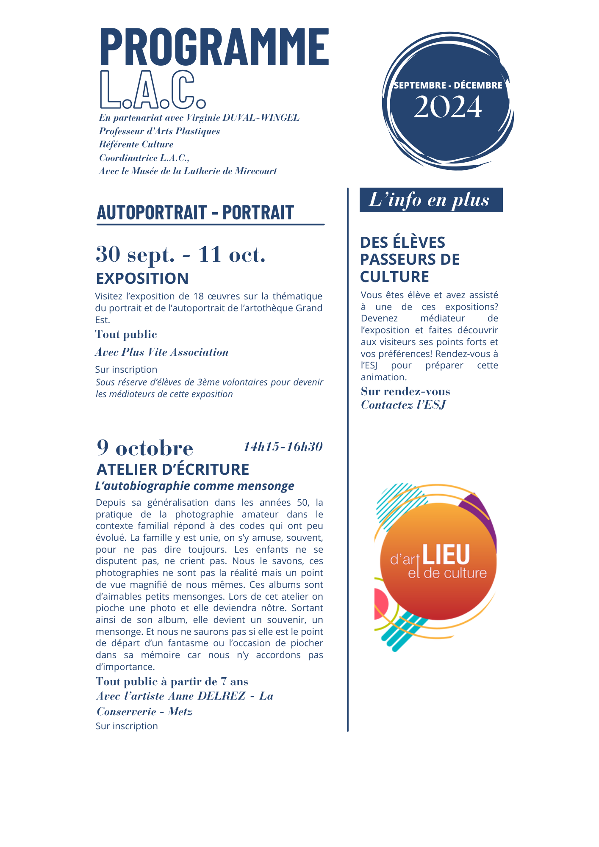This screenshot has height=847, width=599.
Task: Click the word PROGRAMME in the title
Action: (x=214, y=47)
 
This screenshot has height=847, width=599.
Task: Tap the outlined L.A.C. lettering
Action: (x=153, y=90)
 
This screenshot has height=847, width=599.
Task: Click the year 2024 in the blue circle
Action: (x=448, y=107)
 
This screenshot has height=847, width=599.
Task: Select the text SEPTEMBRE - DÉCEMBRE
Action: (x=448, y=85)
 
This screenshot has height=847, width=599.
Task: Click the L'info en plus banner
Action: (x=431, y=200)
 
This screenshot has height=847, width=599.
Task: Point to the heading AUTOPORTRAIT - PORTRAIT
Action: (x=195, y=213)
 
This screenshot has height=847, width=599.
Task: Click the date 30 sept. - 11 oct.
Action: (x=180, y=255)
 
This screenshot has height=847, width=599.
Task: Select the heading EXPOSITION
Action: (x=142, y=279)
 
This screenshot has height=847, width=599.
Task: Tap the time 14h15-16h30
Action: (x=283, y=447)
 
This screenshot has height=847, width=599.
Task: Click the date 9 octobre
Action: (x=145, y=448)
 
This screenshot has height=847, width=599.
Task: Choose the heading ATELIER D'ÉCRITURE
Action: (x=173, y=470)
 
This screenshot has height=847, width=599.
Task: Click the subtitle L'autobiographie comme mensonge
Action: (x=195, y=486)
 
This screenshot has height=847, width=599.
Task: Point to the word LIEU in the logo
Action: (x=446, y=555)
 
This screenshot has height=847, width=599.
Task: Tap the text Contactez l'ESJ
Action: (x=403, y=405)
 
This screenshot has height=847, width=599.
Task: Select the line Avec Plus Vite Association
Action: (x=162, y=352)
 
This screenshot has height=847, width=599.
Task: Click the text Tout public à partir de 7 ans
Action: (x=172, y=681)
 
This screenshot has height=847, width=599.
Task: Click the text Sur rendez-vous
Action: (x=405, y=391)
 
